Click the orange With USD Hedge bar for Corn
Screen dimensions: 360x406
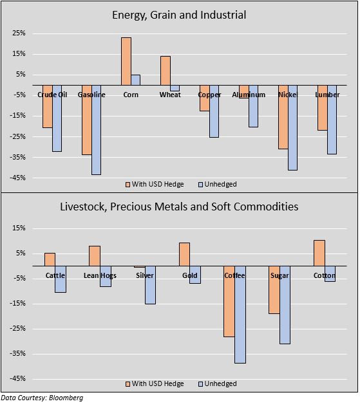click(126, 61)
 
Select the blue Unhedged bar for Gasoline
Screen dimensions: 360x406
click(97, 130)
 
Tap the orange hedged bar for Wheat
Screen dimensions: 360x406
click(166, 71)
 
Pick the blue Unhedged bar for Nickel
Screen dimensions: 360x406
click(292, 127)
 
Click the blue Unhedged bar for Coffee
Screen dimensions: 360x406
click(240, 315)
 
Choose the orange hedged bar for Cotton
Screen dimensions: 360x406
click(319, 253)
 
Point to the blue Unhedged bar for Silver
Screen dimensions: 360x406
click(150, 285)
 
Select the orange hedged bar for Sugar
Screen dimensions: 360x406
click(274, 290)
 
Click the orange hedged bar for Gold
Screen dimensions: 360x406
click(184, 254)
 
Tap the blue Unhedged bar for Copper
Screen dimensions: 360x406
click(214, 111)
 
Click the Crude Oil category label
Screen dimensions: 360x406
click(52, 95)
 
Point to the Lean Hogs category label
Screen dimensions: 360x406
click(100, 275)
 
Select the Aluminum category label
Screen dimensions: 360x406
click(249, 95)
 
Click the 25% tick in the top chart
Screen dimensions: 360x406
click(19, 33)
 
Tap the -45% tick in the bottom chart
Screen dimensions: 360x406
click(17, 378)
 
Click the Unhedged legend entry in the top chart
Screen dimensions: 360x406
click(218, 184)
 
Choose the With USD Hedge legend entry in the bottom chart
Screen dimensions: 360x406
click(155, 383)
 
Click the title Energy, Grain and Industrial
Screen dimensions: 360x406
click(179, 15)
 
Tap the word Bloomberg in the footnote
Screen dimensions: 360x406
click(66, 398)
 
